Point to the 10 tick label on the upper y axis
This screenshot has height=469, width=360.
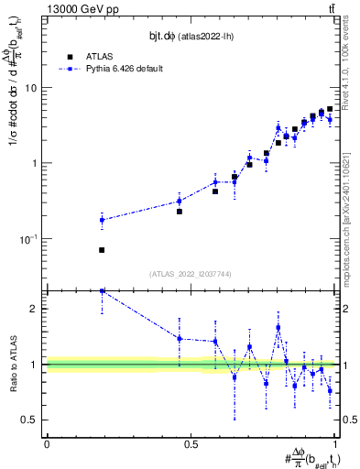pos(30,88)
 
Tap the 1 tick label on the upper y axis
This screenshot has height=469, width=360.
pos(35,163)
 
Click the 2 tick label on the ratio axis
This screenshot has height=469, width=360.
pos(35,309)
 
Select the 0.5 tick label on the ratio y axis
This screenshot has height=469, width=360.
pos(30,420)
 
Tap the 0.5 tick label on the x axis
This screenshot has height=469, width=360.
pos(191,444)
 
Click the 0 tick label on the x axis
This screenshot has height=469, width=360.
pos(47,444)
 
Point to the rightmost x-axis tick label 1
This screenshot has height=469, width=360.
pos(336,444)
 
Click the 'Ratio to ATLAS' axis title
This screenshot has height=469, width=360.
pos(12,365)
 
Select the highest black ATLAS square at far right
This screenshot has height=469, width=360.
pos(330,109)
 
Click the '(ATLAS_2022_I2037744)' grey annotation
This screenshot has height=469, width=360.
pos(191,274)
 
